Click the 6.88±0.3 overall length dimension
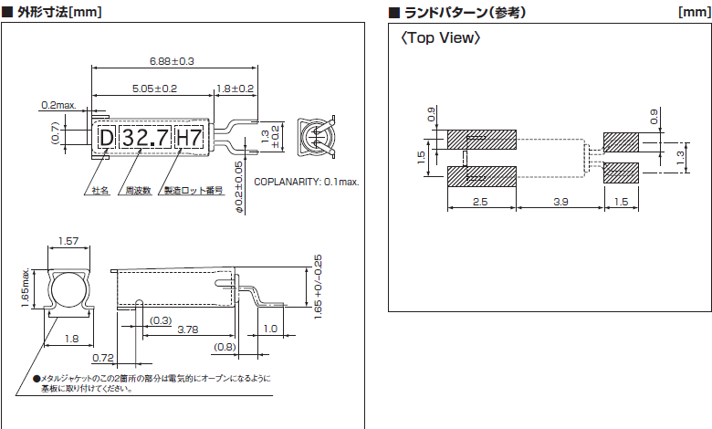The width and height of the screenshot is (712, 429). [x=173, y=61]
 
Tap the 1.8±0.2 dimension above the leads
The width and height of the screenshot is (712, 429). [x=236, y=89]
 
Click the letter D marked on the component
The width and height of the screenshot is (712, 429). [x=107, y=138]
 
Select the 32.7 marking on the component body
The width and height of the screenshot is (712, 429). [x=146, y=138]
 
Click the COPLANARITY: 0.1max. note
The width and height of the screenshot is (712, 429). [x=306, y=182]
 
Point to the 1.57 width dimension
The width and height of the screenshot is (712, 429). [x=68, y=241]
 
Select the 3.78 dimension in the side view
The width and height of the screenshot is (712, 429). [x=189, y=328]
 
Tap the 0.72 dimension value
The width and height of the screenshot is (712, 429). [x=102, y=357]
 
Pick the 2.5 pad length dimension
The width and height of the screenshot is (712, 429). [x=481, y=200]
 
